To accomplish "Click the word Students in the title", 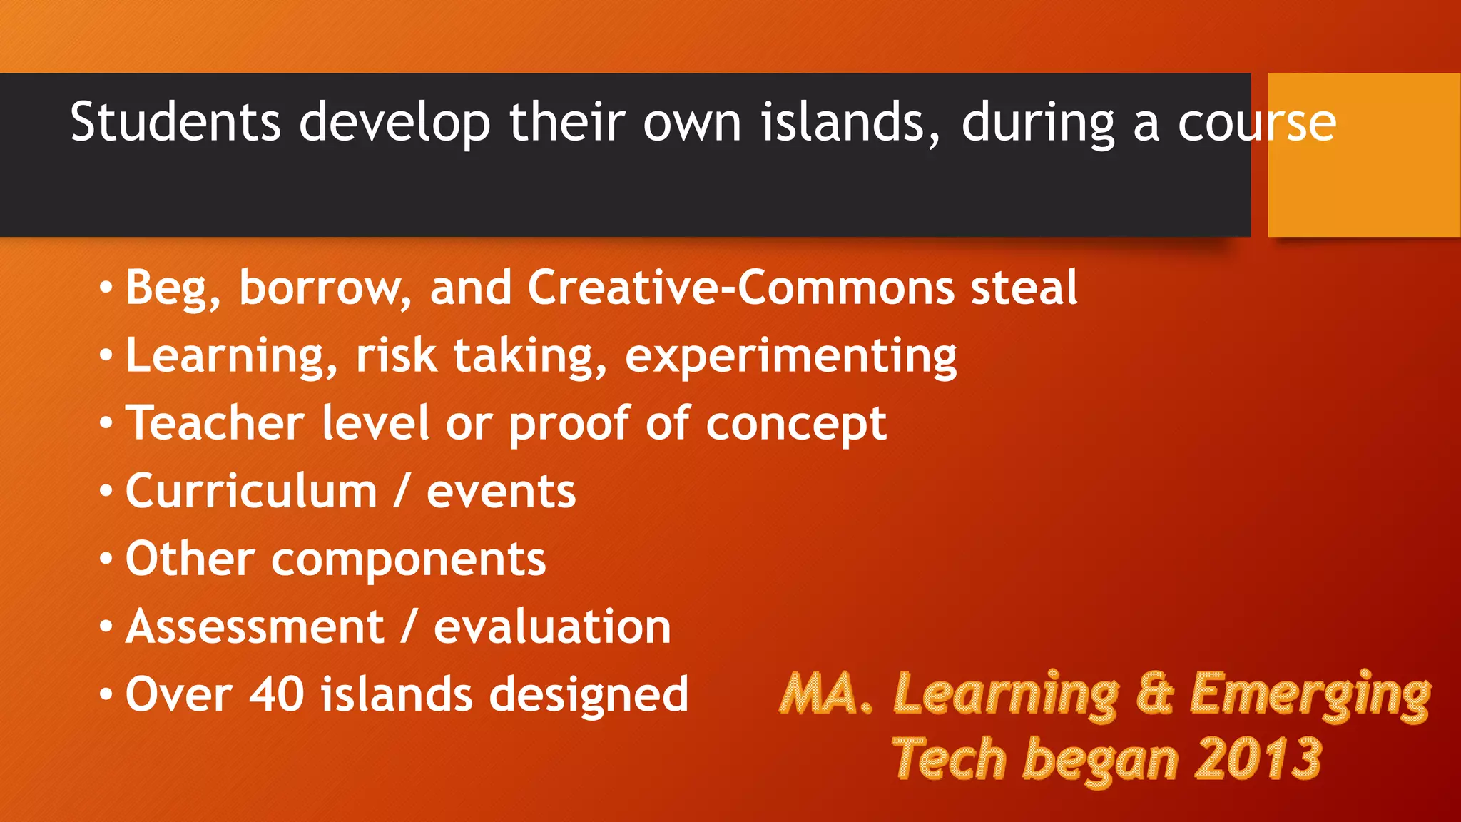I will pyautogui.click(x=175, y=123).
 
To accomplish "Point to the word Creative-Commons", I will pyautogui.click(x=740, y=288).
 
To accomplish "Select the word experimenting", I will pyautogui.click(x=790, y=357).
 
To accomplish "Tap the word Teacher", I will pyautogui.click(x=215, y=423).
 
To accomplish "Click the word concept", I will pyautogui.click(x=796, y=425).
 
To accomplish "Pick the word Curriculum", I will pyautogui.click(x=251, y=492).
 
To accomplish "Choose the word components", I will pyautogui.click(x=408, y=560).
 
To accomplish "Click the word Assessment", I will pyautogui.click(x=255, y=627).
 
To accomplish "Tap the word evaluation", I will pyautogui.click(x=552, y=627).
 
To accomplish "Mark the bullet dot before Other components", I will pyautogui.click(x=106, y=559).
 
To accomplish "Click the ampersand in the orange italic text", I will pyautogui.click(x=1154, y=694).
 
